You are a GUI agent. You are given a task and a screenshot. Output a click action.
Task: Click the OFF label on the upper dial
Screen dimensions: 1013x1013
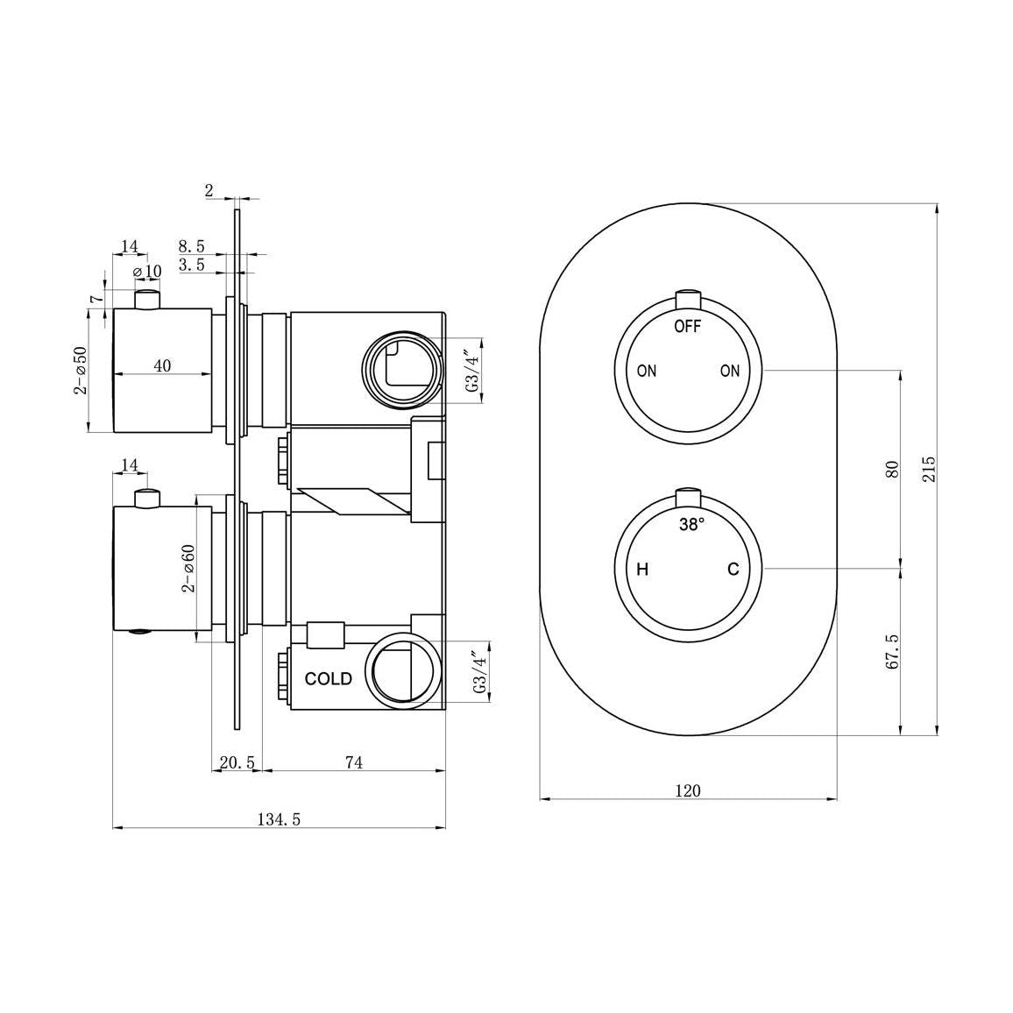coord(688,327)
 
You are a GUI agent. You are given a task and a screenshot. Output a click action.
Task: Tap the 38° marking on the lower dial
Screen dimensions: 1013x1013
coord(691,526)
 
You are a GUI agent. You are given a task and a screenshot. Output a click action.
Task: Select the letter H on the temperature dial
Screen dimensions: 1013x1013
coord(642,570)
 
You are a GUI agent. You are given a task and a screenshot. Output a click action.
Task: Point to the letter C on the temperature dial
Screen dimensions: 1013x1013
coord(733,570)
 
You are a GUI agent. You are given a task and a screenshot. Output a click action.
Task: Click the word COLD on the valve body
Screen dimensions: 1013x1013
coord(328,679)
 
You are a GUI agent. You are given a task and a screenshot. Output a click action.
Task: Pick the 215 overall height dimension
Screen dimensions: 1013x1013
coord(930,469)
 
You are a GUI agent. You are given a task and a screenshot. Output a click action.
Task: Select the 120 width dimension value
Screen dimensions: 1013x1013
coord(688,790)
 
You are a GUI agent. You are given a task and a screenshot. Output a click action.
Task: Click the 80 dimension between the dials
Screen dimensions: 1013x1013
coord(893,469)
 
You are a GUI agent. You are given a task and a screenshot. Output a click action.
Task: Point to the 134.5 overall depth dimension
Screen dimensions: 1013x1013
coord(279,819)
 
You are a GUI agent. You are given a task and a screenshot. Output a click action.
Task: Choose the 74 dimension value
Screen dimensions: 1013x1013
coord(353,762)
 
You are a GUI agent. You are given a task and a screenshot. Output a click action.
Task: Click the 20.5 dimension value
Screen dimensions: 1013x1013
coord(237,762)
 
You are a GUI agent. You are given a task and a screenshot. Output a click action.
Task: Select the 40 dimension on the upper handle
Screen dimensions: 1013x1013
coord(162,365)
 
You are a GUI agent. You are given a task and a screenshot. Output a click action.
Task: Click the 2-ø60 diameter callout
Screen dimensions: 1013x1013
coord(188,568)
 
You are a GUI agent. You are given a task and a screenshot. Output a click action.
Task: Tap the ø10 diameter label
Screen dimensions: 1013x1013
coord(147,272)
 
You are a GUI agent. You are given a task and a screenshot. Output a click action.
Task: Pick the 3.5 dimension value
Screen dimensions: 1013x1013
coord(192,265)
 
